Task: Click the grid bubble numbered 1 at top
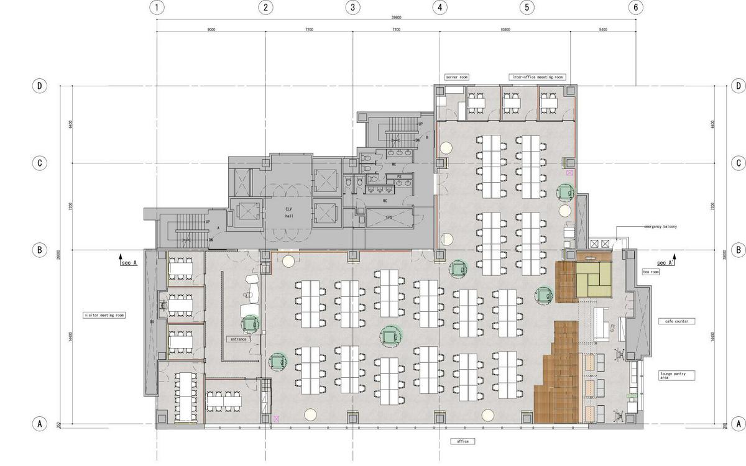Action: tap(157, 7)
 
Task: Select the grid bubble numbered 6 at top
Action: tap(635, 7)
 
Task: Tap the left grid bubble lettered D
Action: tap(39, 86)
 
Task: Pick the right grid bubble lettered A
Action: tap(739, 424)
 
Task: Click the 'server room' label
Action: tap(456, 77)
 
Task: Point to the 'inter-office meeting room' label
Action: tap(537, 77)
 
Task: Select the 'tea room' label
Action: tap(650, 272)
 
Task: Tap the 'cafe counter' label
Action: tap(677, 321)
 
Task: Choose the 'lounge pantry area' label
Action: tap(677, 375)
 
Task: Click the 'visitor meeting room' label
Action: tap(104, 315)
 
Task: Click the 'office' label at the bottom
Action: tap(463, 441)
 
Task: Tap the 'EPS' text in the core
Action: tap(389, 217)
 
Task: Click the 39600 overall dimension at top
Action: tap(396, 17)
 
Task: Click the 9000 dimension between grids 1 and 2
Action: tap(211, 29)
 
